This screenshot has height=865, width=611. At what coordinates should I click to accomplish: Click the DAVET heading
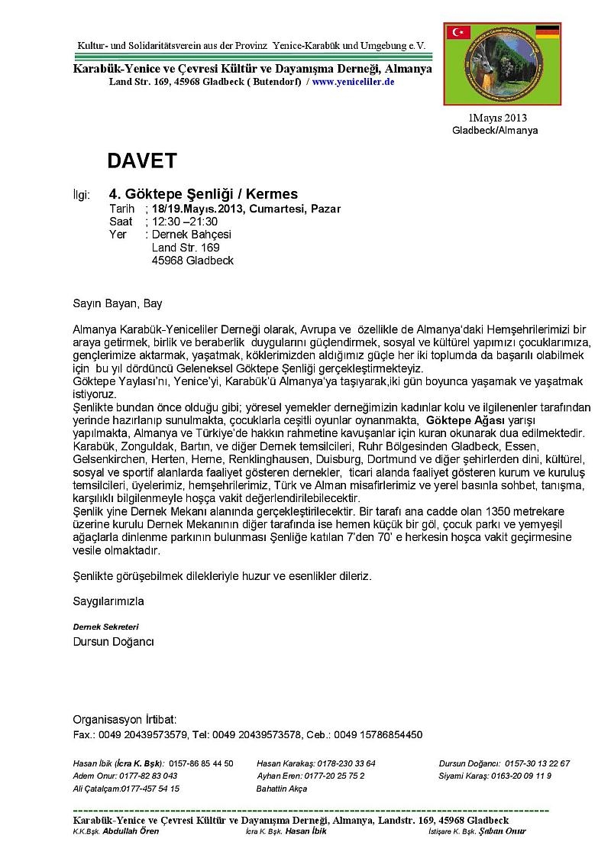142,160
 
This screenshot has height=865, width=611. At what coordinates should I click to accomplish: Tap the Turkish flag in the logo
460,32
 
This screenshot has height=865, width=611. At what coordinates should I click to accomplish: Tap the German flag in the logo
547,32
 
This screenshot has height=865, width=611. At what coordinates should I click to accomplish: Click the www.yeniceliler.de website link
353,81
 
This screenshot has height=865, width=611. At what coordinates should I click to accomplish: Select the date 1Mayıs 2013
497,118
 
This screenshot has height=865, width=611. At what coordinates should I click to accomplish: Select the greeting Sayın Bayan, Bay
118,303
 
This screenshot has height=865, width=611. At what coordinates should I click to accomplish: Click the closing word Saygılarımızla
108,601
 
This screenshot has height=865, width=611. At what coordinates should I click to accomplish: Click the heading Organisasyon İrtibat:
124,720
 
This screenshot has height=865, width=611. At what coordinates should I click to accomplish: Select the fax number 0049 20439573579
144,735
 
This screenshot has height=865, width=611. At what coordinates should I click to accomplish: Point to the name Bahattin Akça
282,788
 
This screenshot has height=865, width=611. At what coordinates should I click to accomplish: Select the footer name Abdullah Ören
131,831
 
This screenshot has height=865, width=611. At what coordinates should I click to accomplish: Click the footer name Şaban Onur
501,831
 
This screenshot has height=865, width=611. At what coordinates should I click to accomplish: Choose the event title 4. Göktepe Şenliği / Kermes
203,194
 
